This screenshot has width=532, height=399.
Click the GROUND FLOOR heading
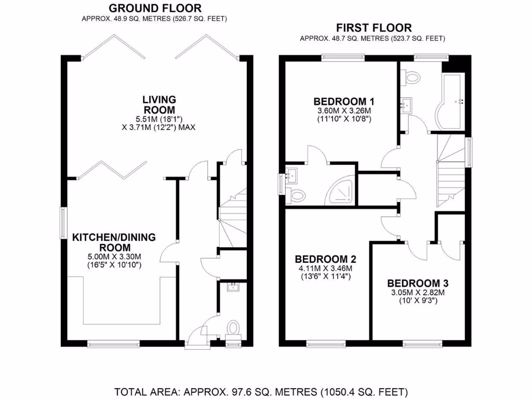pyautogui.click(x=155, y=8)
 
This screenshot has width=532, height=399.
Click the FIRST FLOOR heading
pyautogui.click(x=374, y=28)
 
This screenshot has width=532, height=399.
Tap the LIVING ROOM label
pyautogui.click(x=159, y=104)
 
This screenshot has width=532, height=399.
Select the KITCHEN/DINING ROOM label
pyautogui.click(x=114, y=242)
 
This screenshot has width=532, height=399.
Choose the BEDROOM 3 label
pyautogui.click(x=418, y=283)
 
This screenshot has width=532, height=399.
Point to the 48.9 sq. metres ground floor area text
pyautogui.click(x=154, y=19)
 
